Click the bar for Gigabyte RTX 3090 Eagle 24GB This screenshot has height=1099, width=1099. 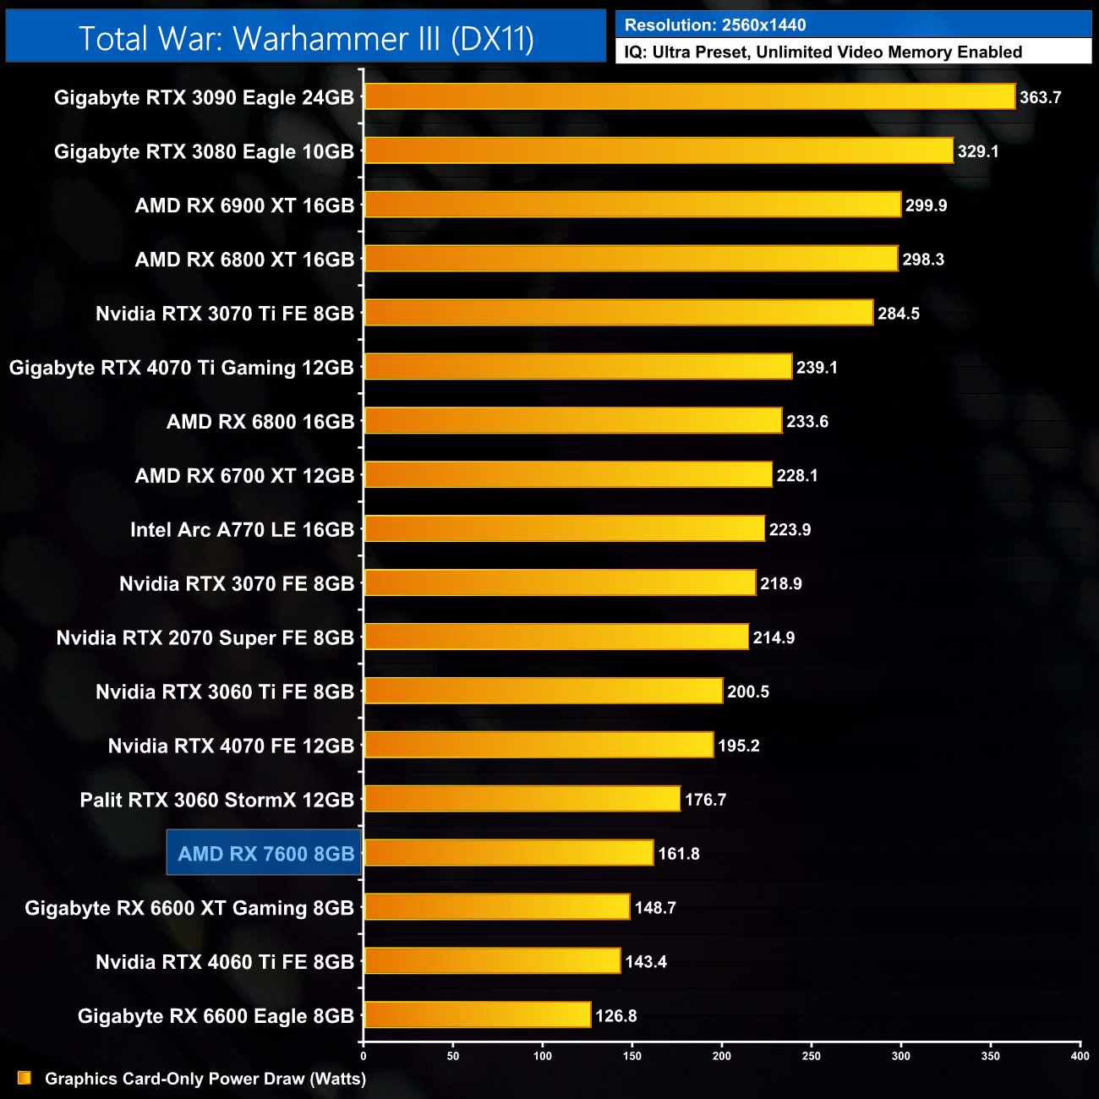pos(689,96)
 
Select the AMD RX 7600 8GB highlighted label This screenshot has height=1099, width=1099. pos(265,853)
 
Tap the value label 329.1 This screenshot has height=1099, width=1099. pos(978,151)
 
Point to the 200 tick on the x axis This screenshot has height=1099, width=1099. pos(722,1055)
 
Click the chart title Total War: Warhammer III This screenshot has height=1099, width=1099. pos(306,39)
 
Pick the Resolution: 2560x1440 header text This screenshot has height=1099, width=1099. pos(715,25)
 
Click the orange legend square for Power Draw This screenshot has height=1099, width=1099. pos(25,1078)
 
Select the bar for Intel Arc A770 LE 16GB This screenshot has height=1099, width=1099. pos(564,528)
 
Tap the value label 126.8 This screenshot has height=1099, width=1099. pos(616,1015)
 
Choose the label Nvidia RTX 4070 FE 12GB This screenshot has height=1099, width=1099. pos(231,746)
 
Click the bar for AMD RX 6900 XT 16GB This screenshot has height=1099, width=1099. pos(632,205)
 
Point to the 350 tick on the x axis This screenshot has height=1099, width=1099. pos(991,1055)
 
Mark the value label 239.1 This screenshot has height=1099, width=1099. pos(817,367)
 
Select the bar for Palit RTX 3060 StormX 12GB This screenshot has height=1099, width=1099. pos(522,799)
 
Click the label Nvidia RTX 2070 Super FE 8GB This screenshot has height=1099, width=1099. pos(205,637)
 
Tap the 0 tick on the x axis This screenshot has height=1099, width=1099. pos(364,1055)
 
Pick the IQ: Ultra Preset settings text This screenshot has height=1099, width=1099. pos(823,52)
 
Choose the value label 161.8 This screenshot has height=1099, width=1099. pos(679,853)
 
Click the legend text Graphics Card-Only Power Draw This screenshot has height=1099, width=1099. pos(205,1079)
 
